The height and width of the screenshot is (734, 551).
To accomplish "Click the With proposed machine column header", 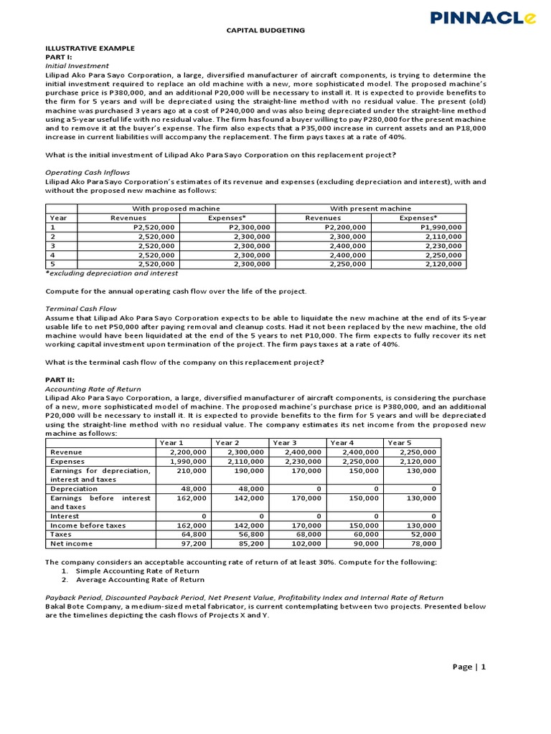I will (176, 208).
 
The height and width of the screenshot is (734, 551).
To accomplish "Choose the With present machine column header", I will (370, 208).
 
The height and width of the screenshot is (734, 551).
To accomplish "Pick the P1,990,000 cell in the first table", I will (440, 227).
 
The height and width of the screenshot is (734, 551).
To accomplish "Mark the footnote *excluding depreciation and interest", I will (111, 273).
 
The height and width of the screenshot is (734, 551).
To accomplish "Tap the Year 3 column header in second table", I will (284, 443).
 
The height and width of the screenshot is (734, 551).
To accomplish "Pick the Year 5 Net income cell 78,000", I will (423, 544).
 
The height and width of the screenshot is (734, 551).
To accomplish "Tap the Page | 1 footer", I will (469, 667).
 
